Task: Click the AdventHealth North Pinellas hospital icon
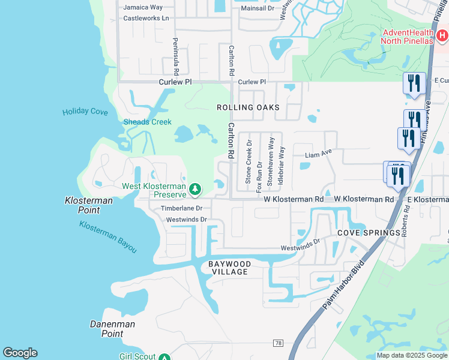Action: coord(442,37)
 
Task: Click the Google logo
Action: coord(20,353)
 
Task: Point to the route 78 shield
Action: coord(277,343)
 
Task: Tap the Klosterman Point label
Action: coord(89,205)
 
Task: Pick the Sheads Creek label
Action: coord(148,122)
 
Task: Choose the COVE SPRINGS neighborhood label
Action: coord(369,233)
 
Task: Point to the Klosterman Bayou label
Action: coord(108,236)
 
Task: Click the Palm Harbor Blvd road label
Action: coord(343,284)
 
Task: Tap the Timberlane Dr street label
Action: coord(182,208)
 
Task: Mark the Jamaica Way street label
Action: coord(143,7)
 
